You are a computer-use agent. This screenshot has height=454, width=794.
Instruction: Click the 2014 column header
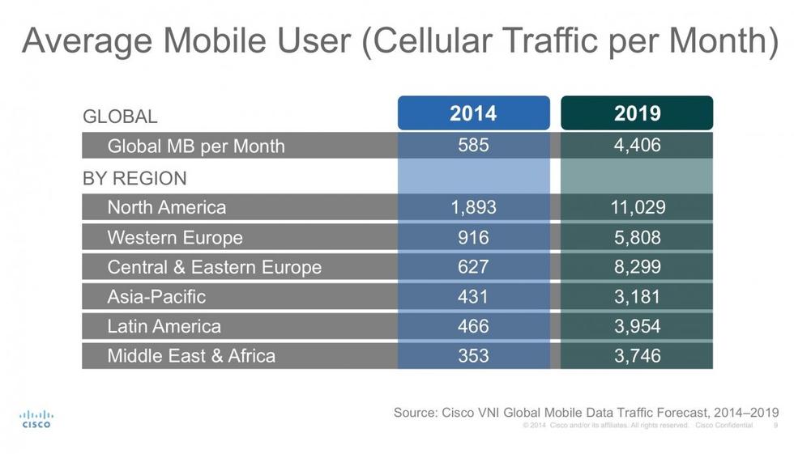click(x=473, y=113)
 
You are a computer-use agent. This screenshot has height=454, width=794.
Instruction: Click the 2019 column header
click(x=637, y=113)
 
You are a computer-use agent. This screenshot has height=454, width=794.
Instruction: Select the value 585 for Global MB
click(x=473, y=146)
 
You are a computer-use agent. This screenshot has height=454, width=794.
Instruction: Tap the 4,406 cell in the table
click(x=637, y=146)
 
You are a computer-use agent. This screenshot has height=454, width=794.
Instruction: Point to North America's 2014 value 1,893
click(x=473, y=207)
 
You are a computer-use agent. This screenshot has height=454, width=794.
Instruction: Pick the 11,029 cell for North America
click(x=637, y=207)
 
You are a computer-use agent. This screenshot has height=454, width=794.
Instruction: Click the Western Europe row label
click(x=175, y=238)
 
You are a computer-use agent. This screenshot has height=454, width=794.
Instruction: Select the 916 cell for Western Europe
click(x=473, y=238)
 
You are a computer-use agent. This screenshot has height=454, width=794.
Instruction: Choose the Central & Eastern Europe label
click(x=215, y=267)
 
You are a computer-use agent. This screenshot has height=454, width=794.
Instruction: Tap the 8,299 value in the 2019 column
click(x=637, y=267)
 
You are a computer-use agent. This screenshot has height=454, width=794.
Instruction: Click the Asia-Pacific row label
click(x=156, y=296)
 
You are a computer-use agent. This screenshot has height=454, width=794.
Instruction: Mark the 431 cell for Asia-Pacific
click(x=473, y=296)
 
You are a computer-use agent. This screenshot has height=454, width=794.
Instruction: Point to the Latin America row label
click(x=164, y=326)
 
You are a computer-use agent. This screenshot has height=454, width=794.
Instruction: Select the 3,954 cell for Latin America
click(x=637, y=326)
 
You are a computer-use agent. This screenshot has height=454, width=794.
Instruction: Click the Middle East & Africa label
click(x=191, y=355)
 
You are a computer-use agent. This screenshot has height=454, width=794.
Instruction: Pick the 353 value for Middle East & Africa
click(x=473, y=355)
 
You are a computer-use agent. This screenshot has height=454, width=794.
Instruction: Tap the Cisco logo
click(x=36, y=418)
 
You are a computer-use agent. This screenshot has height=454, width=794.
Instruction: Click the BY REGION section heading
click(x=134, y=178)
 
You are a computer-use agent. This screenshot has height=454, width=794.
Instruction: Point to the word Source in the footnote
click(x=416, y=413)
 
